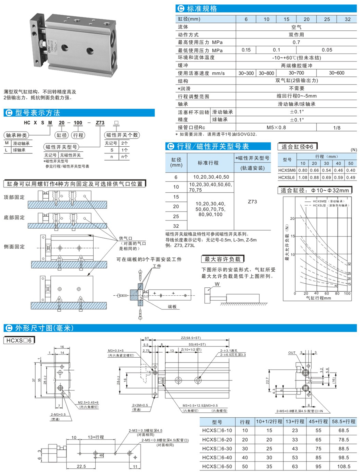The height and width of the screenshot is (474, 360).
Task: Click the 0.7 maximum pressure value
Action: coord(296,42)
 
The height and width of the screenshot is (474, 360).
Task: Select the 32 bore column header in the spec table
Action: coord(347,19)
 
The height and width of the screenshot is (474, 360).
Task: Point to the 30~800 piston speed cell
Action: coord(266,73)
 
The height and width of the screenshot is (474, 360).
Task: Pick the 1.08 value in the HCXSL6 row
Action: coord(303,177)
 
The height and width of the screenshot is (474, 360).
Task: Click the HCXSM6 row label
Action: coord(286,170)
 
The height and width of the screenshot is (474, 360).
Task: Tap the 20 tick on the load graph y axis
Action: coord(292,219)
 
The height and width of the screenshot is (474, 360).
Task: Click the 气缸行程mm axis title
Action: coord(319,298)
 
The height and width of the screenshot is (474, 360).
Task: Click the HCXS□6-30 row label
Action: coord(218,448)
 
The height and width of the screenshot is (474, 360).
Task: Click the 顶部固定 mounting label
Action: coord(14,197)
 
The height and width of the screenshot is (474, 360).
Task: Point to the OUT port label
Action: coord(292,353)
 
